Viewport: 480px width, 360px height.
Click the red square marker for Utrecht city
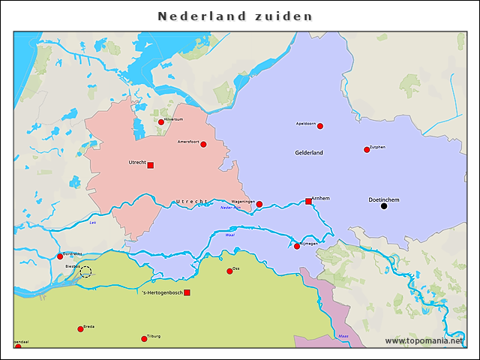(150, 165)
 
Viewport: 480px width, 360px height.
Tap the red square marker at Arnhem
(308, 201)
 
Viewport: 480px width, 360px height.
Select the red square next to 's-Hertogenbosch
(187, 292)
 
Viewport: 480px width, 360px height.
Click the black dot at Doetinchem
(384, 206)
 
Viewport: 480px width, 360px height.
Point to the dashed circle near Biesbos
(85, 271)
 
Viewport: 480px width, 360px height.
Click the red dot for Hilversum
(161, 121)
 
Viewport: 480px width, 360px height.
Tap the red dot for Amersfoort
(203, 144)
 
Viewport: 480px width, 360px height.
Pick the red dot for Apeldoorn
(320, 126)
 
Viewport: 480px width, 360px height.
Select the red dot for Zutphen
(367, 149)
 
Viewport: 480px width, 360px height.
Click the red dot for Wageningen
(259, 204)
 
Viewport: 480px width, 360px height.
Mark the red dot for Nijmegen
(297, 246)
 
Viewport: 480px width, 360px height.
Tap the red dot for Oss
(229, 271)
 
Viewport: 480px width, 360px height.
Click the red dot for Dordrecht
(60, 256)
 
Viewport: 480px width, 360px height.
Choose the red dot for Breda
(80, 328)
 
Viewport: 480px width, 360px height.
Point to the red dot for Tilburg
(144, 339)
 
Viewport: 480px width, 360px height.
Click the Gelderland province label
(309, 153)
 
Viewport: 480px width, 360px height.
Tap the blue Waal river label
(229, 235)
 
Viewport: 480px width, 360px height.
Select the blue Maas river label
(343, 336)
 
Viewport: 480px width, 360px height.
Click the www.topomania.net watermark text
(424, 341)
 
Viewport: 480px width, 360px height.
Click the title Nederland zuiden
(235, 16)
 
